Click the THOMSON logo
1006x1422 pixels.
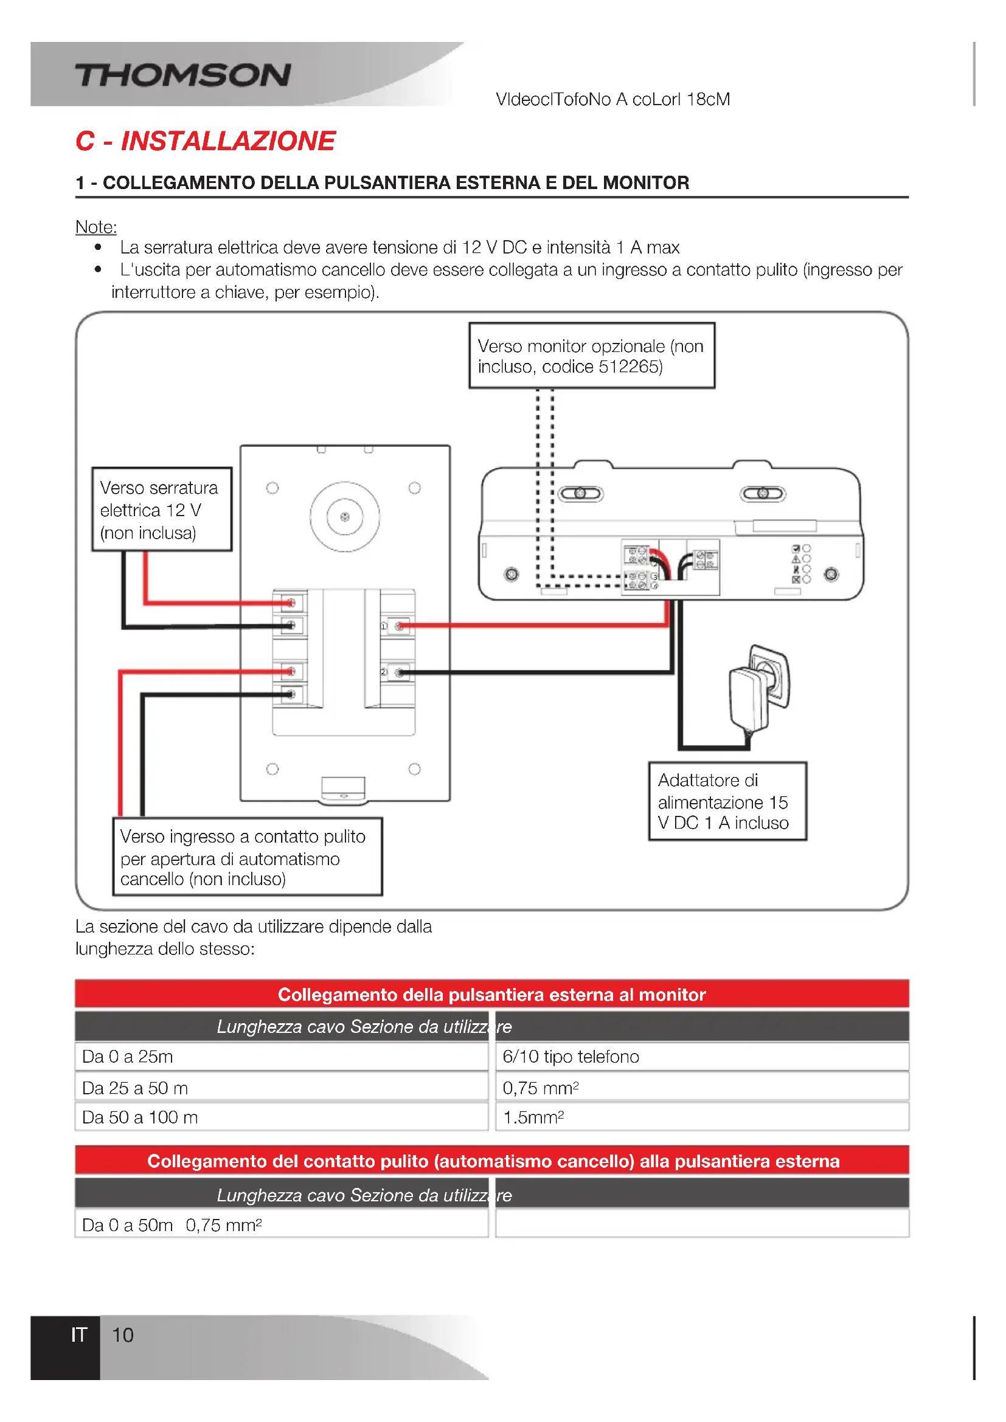click(x=182, y=75)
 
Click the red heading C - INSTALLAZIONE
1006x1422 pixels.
click(x=205, y=141)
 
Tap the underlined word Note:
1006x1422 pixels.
click(x=96, y=227)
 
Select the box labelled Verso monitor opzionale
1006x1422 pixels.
click(x=591, y=355)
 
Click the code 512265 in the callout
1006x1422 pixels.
click(x=630, y=367)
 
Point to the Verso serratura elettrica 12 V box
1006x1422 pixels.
click(x=162, y=509)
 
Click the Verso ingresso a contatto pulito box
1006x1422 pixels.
click(x=247, y=857)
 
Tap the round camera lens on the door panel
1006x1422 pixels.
click(x=345, y=517)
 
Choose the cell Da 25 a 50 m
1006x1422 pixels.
click(x=281, y=1088)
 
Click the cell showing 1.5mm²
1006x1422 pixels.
click(x=701, y=1117)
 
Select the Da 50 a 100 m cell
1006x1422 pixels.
click(x=281, y=1117)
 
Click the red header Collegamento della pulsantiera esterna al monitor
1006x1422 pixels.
click(x=491, y=994)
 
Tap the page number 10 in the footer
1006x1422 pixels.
click(x=123, y=1334)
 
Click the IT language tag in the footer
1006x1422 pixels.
click(x=78, y=1334)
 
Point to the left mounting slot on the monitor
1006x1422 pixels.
click(x=580, y=494)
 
